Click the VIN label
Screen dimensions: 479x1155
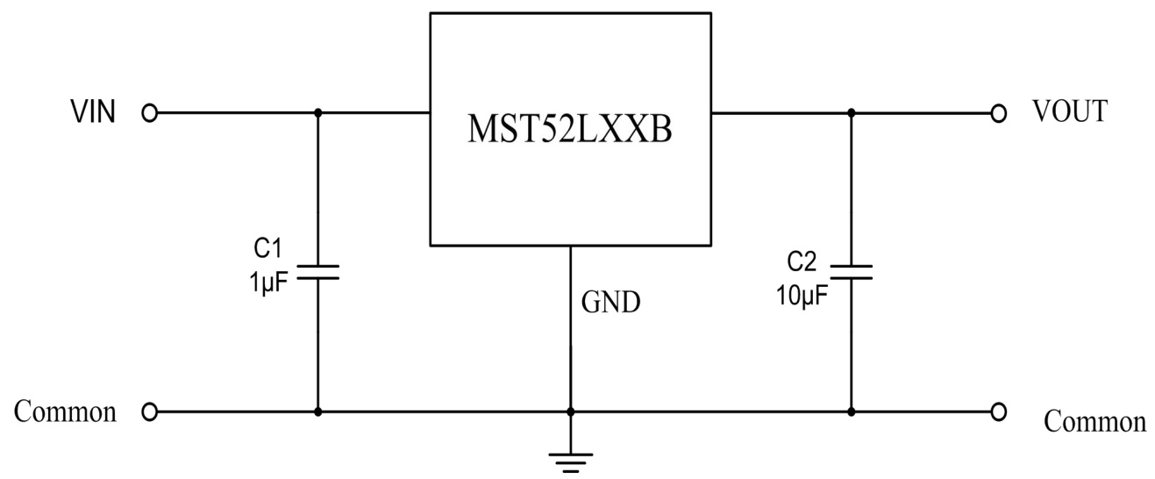[x=92, y=113]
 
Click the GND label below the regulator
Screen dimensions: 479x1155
[x=611, y=304]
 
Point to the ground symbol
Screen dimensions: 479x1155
[x=571, y=461]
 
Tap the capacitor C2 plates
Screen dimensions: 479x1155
[x=851, y=272]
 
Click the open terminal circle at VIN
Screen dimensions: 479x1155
[x=149, y=113]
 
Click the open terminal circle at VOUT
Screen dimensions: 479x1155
[x=997, y=113]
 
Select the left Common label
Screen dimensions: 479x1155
[x=66, y=411]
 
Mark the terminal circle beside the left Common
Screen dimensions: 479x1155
[x=149, y=411]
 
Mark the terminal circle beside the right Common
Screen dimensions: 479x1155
[x=997, y=411]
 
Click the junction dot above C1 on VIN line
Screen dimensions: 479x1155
[x=317, y=113]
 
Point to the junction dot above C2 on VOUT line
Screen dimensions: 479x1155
[x=851, y=113]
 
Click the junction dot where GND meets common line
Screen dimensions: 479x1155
[x=571, y=411]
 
